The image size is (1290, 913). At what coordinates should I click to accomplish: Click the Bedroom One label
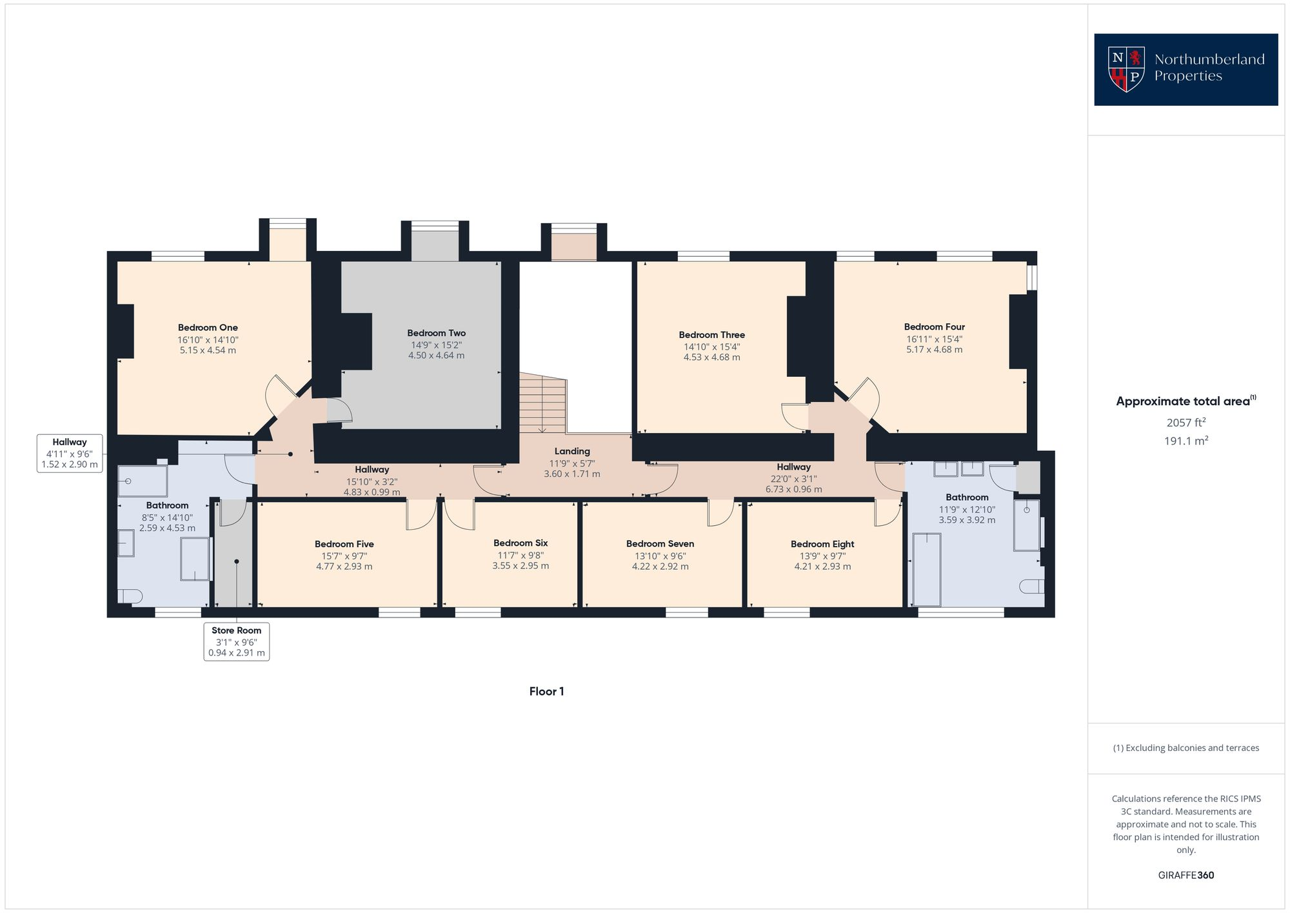(x=208, y=328)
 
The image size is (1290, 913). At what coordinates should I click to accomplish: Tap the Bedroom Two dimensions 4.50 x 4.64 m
(x=436, y=356)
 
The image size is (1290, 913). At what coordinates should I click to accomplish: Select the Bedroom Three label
(x=711, y=335)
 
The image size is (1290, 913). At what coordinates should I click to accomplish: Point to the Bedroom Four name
(x=934, y=327)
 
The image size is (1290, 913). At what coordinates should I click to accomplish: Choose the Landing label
(x=572, y=452)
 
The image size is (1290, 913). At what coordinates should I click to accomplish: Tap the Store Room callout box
(x=236, y=641)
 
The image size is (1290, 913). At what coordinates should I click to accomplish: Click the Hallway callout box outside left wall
(x=70, y=453)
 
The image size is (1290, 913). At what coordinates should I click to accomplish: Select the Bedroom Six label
(x=521, y=543)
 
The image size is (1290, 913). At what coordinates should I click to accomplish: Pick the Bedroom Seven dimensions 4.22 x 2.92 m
(x=660, y=567)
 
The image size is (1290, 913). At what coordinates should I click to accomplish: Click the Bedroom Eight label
(x=822, y=544)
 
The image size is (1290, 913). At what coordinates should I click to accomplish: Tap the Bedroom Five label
(x=344, y=544)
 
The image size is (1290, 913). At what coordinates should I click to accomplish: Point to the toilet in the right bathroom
(x=1032, y=586)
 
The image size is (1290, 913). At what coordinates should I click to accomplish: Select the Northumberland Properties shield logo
(x=1126, y=69)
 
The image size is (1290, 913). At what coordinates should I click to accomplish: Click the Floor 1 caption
(x=546, y=692)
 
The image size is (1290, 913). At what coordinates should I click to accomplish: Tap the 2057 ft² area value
(x=1186, y=423)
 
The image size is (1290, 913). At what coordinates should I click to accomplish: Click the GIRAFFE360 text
(x=1186, y=876)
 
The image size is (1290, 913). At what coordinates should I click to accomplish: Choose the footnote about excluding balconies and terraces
(x=1186, y=748)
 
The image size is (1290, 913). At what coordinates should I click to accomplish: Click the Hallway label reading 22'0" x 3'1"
(x=793, y=478)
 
